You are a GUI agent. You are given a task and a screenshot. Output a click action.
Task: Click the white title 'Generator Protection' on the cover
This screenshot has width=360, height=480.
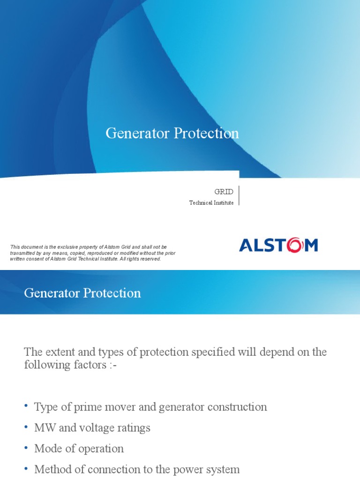[172, 134]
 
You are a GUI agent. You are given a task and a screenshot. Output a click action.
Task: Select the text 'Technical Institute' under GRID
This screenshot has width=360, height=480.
[211, 203]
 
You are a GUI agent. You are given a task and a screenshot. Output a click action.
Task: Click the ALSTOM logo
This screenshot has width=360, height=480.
[278, 245]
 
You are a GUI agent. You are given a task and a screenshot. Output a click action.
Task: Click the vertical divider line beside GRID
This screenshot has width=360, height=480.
[239, 195]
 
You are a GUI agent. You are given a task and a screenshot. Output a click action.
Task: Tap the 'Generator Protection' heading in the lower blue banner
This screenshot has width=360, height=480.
[82, 293]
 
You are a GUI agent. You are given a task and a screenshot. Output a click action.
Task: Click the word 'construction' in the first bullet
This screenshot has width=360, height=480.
[239, 407]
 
